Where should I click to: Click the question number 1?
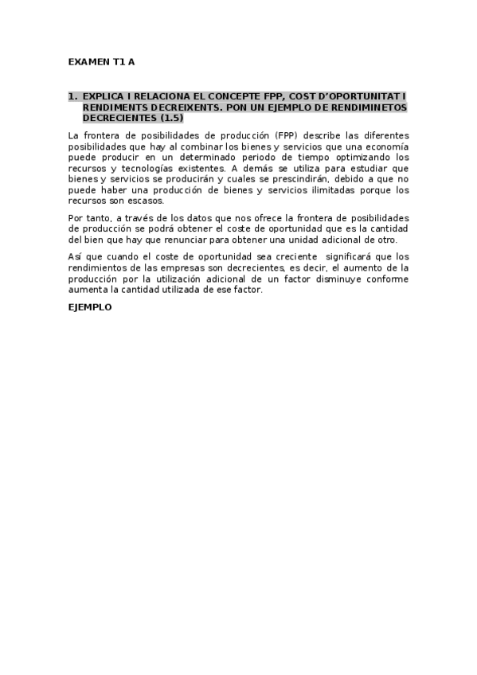pyautogui.click(x=72, y=96)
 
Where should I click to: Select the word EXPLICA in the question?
pyautogui.click(x=103, y=96)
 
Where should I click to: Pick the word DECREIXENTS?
pyautogui.click(x=178, y=107)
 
